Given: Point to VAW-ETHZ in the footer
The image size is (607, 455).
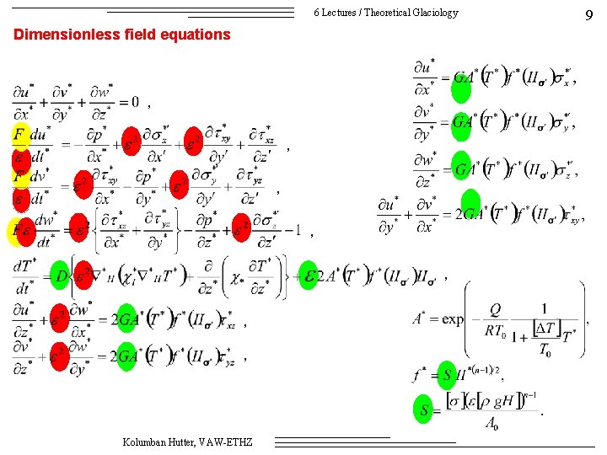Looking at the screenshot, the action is pos(233,442).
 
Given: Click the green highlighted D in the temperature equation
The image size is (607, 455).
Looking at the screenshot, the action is pos(59,276).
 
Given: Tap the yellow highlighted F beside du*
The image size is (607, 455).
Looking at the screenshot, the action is pos(19,135).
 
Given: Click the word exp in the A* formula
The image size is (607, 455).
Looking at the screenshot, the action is pos(453,319).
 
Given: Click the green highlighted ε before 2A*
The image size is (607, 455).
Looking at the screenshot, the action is pos(309,276).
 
